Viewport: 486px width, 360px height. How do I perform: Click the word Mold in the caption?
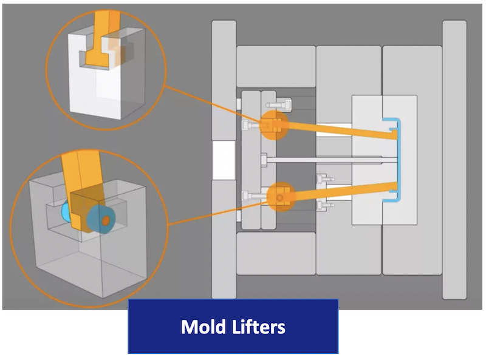(201, 327)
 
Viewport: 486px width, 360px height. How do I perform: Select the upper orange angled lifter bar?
(340, 129)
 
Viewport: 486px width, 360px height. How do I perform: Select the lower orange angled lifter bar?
(340, 190)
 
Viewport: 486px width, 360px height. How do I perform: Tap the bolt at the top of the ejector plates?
(283, 104)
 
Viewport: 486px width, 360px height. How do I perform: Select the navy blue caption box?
(233, 327)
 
